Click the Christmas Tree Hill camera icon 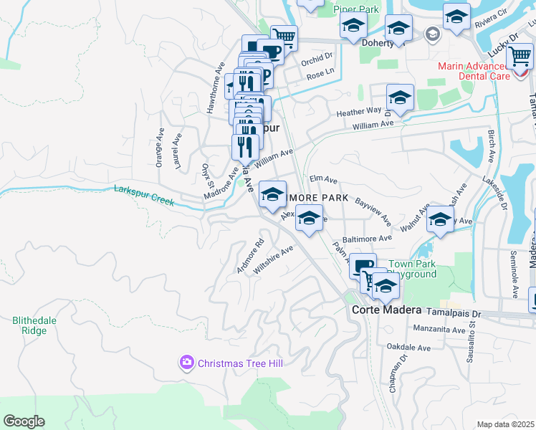[x=187, y=363]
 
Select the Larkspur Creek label [x=144, y=196]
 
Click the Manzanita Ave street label [x=439, y=330]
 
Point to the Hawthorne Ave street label [x=211, y=85]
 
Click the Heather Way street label [x=359, y=112]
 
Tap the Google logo [x=24, y=421]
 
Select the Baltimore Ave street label [x=367, y=239]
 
